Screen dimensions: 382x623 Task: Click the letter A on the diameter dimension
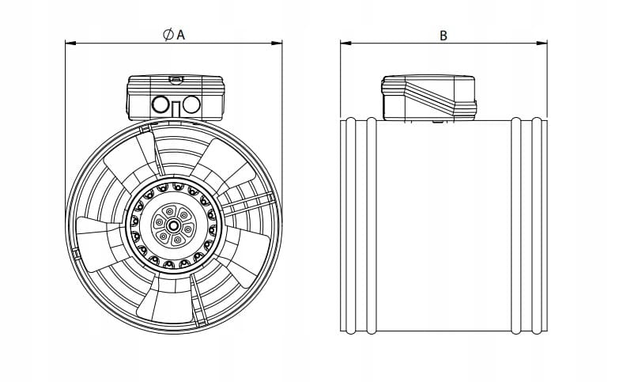(x=180, y=35)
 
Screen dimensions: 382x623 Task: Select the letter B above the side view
(x=444, y=35)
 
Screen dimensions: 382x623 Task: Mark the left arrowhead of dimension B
(x=345, y=42)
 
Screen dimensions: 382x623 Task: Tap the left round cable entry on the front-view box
(x=161, y=104)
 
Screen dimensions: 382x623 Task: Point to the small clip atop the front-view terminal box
(x=176, y=79)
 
